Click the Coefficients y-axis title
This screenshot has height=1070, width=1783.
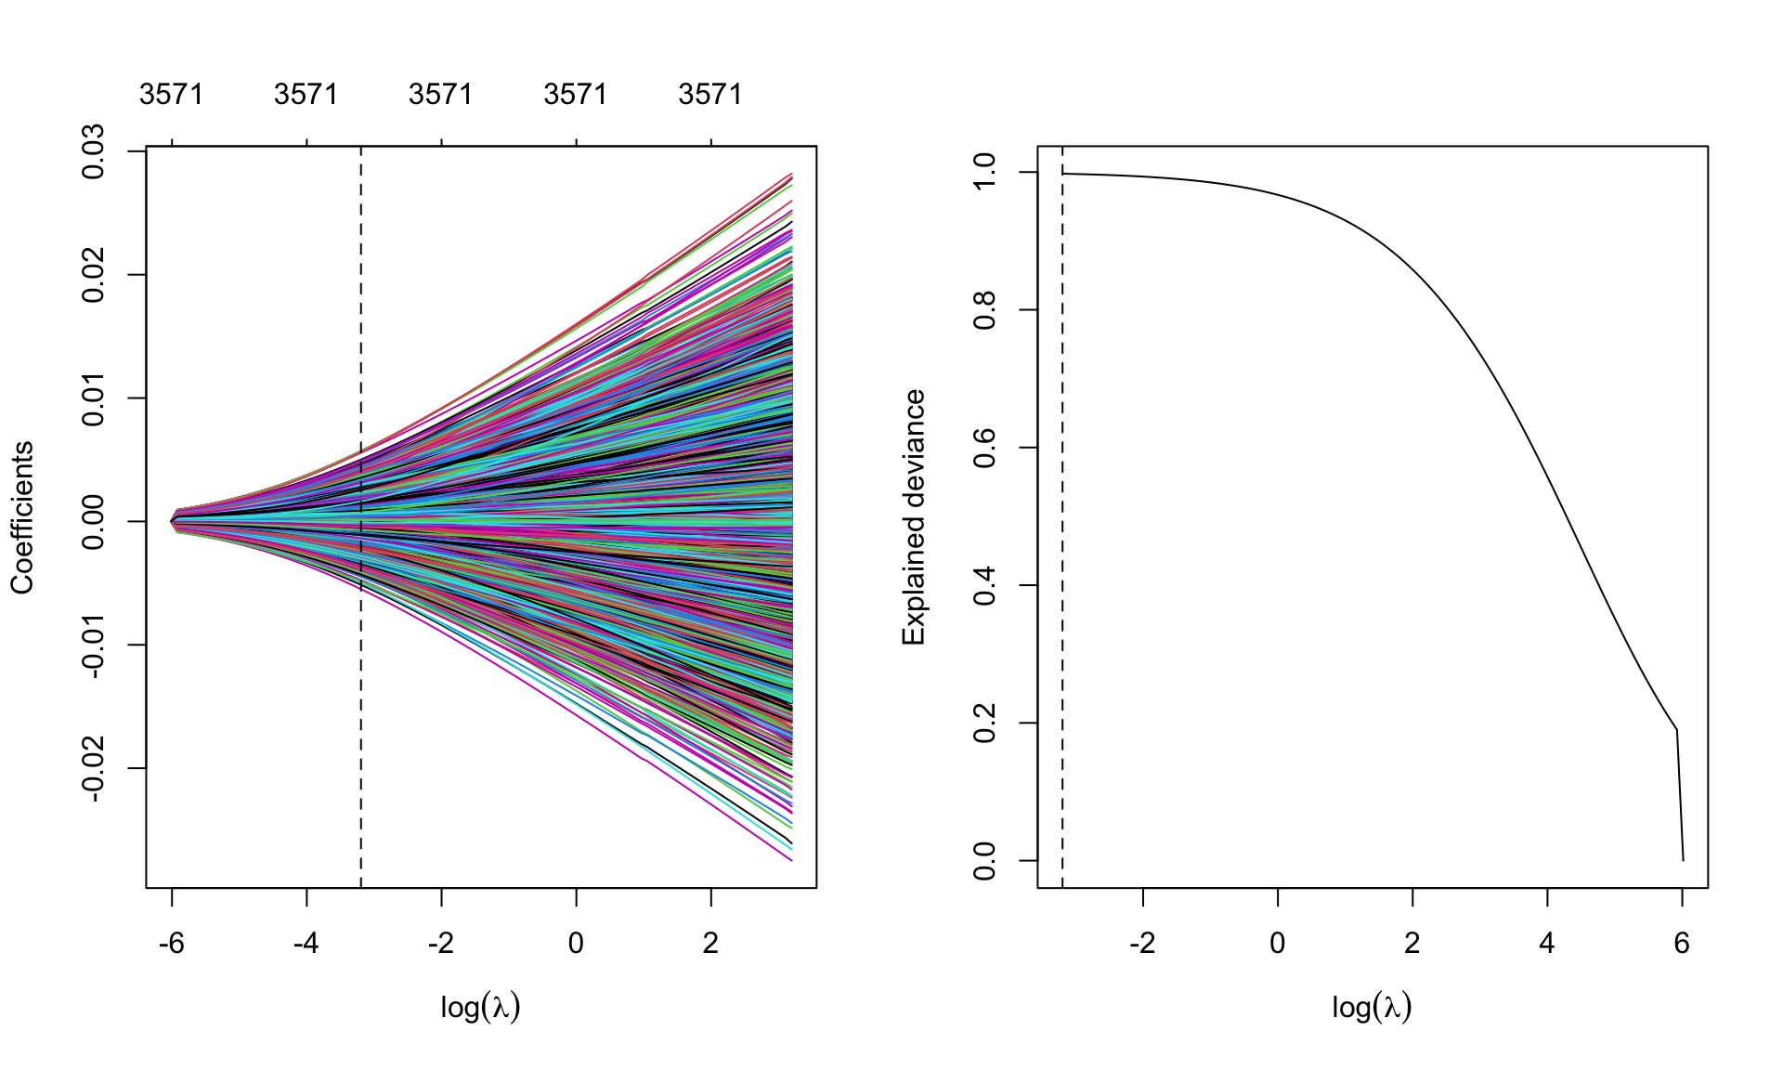click(x=22, y=517)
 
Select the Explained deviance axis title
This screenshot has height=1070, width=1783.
click(x=914, y=517)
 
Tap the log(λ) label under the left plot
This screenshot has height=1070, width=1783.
click(x=480, y=1007)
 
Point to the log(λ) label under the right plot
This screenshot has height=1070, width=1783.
click(x=1372, y=1007)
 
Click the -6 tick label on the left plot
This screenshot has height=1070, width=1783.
click(x=172, y=944)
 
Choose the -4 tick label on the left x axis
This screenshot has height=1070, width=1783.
click(x=306, y=944)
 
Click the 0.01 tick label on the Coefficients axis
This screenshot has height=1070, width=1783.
click(x=94, y=398)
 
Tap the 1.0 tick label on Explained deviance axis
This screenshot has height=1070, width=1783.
click(x=984, y=173)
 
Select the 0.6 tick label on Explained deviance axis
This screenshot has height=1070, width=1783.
click(x=984, y=448)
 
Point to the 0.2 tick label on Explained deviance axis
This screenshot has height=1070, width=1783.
click(x=984, y=723)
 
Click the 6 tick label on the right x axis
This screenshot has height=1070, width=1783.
click(x=1682, y=944)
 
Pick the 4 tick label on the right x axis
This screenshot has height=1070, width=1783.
click(x=1547, y=944)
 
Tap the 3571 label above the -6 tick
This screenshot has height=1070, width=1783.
click(x=172, y=95)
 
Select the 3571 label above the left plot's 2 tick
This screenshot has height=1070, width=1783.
click(x=710, y=95)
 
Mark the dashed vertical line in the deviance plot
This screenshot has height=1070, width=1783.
click(x=1062, y=557)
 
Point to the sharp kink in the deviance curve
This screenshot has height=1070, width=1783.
click(x=1676, y=730)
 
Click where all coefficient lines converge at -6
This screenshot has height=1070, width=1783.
click(x=174, y=521)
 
